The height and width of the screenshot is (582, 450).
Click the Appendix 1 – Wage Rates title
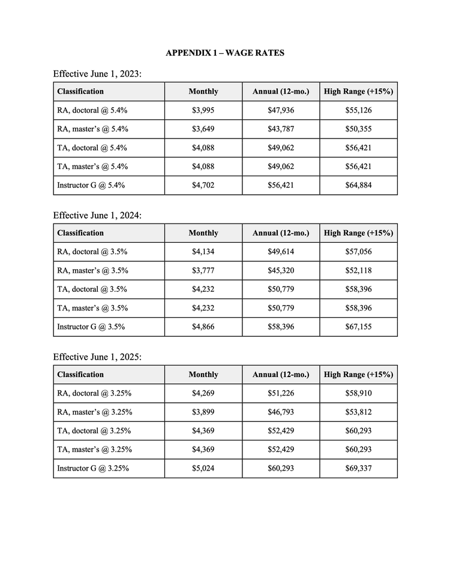(x=225, y=53)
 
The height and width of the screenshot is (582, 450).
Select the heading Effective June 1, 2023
(x=97, y=74)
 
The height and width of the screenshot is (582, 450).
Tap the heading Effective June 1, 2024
(x=97, y=215)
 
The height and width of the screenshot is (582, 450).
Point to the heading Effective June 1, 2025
(x=97, y=357)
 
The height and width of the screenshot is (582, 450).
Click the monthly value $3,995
(x=203, y=110)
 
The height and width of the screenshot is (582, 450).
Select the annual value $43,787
(x=281, y=129)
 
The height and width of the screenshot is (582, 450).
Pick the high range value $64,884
(x=358, y=185)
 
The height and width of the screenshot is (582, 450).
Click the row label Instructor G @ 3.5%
(x=91, y=327)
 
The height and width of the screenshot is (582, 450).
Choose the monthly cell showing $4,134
(x=203, y=252)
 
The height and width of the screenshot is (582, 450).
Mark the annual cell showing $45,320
(x=281, y=270)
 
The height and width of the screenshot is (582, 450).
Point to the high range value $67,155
(x=358, y=327)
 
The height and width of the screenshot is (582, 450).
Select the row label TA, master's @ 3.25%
(x=94, y=450)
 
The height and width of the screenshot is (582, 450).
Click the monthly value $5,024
(x=203, y=468)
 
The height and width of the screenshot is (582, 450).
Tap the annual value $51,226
(x=281, y=393)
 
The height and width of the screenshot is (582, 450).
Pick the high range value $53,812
(x=358, y=412)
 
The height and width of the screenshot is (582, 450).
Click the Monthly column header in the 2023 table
(x=203, y=92)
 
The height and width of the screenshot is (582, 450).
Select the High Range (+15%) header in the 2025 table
(x=358, y=375)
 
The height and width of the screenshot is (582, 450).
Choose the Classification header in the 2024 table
(x=80, y=233)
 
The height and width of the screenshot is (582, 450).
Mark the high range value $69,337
(x=358, y=468)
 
